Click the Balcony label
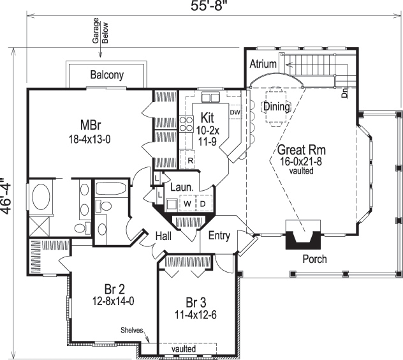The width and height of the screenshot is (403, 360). [106, 75]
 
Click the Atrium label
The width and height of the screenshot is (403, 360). [262, 64]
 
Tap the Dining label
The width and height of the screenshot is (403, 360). [276, 106]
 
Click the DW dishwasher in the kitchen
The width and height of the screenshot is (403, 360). [234, 112]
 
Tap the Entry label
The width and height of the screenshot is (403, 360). [219, 236]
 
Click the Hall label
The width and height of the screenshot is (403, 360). [165, 236]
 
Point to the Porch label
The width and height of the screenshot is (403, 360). [314, 259]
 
